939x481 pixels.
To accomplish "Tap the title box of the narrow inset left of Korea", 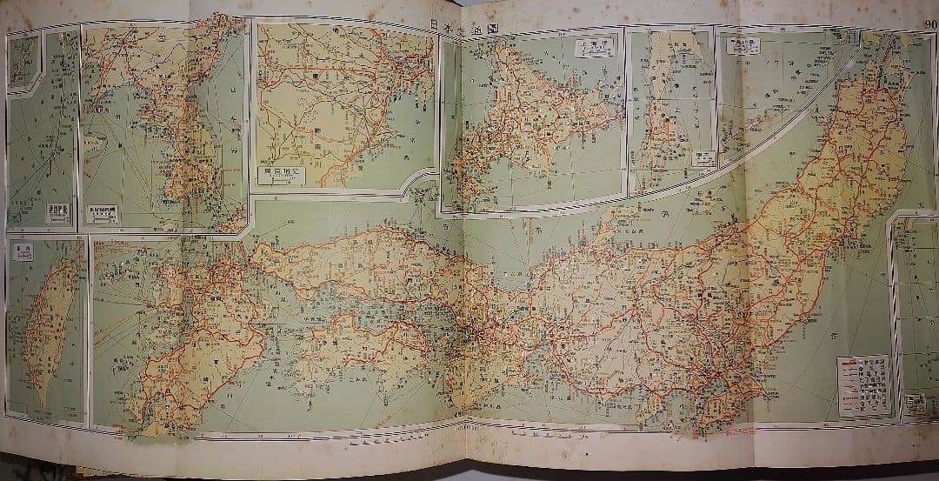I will pyautogui.click(x=57, y=211).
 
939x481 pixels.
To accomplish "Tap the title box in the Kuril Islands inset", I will pyautogui.click(x=745, y=45).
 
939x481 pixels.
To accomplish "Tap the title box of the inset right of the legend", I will pyautogui.click(x=913, y=403).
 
